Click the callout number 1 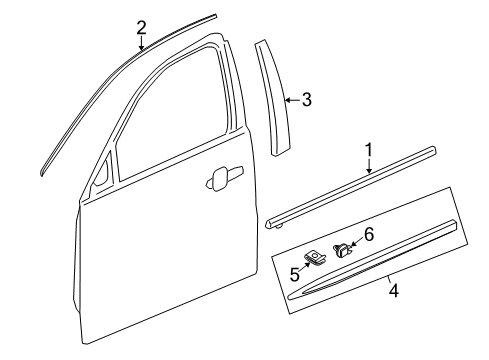[x=368, y=150]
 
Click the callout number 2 [x=141, y=27]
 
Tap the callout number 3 [x=307, y=99]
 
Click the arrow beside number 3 [x=290, y=99]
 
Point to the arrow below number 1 [x=369, y=167]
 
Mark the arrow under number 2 [x=141, y=43]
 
